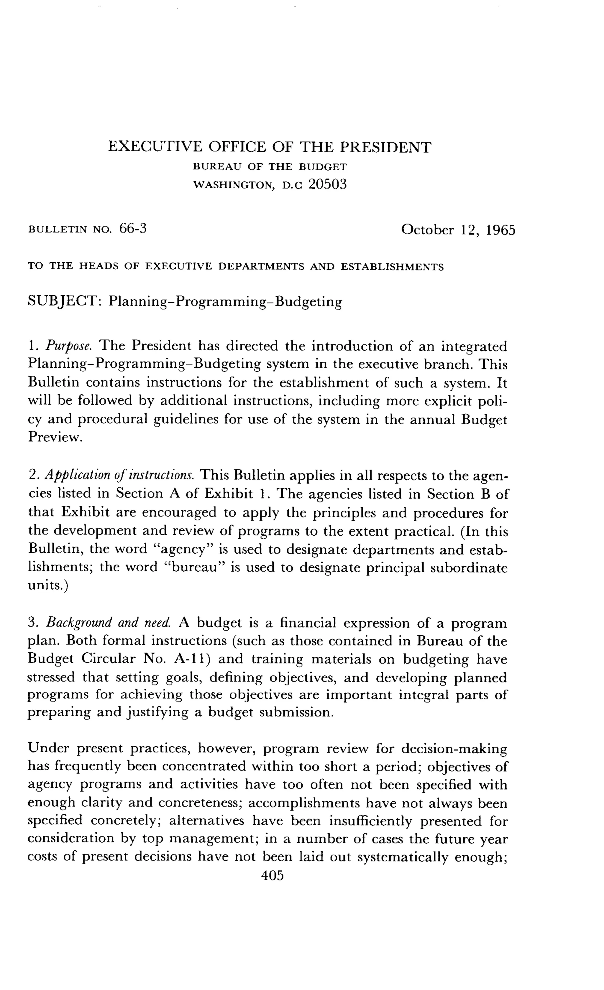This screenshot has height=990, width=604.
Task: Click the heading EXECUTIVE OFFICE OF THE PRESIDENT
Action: (x=270, y=147)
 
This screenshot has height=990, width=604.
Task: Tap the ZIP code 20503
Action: (x=327, y=184)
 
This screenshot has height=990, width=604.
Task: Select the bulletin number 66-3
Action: (x=133, y=229)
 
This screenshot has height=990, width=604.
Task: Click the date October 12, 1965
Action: (x=458, y=230)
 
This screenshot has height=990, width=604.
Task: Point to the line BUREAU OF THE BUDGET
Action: (x=270, y=167)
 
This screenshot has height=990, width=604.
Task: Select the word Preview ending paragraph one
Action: (x=55, y=437)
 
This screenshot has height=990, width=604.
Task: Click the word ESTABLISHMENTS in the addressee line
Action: (x=392, y=267)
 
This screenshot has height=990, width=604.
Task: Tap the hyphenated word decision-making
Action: (x=454, y=749)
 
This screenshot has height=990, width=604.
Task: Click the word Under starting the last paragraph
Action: (x=48, y=749)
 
